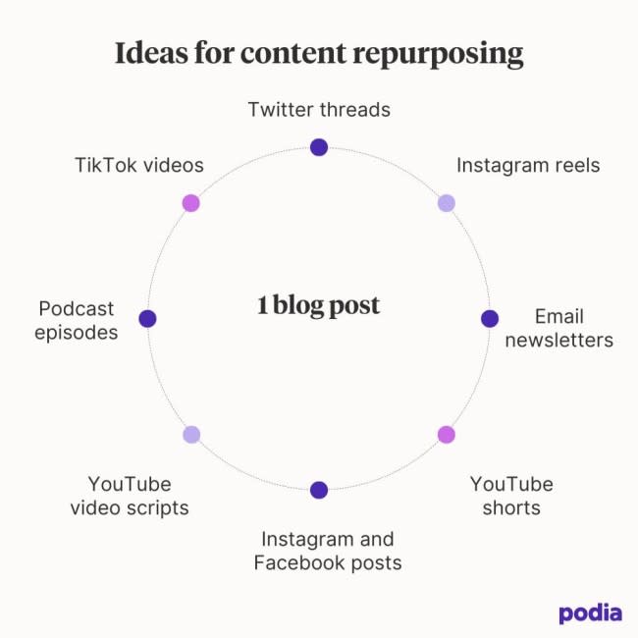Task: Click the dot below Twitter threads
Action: pyautogui.click(x=318, y=147)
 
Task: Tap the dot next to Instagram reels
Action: pyautogui.click(x=446, y=203)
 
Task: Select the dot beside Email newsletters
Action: pyautogui.click(x=490, y=318)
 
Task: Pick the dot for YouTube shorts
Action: pyautogui.click(x=447, y=434)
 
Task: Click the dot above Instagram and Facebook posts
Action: pyautogui.click(x=318, y=490)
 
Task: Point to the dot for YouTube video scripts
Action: pyautogui.click(x=191, y=434)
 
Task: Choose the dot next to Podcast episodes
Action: pyautogui.click(x=147, y=318)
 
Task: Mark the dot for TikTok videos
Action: pyautogui.click(x=190, y=203)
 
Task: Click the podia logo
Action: pyautogui.click(x=590, y=613)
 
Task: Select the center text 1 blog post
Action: pyautogui.click(x=318, y=305)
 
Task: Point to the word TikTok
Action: pyautogui.click(x=104, y=164)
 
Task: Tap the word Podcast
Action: pyautogui.click(x=77, y=309)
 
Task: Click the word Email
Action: pyautogui.click(x=559, y=316)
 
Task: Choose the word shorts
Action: pyautogui.click(x=511, y=507)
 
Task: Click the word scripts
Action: pyautogui.click(x=157, y=508)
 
